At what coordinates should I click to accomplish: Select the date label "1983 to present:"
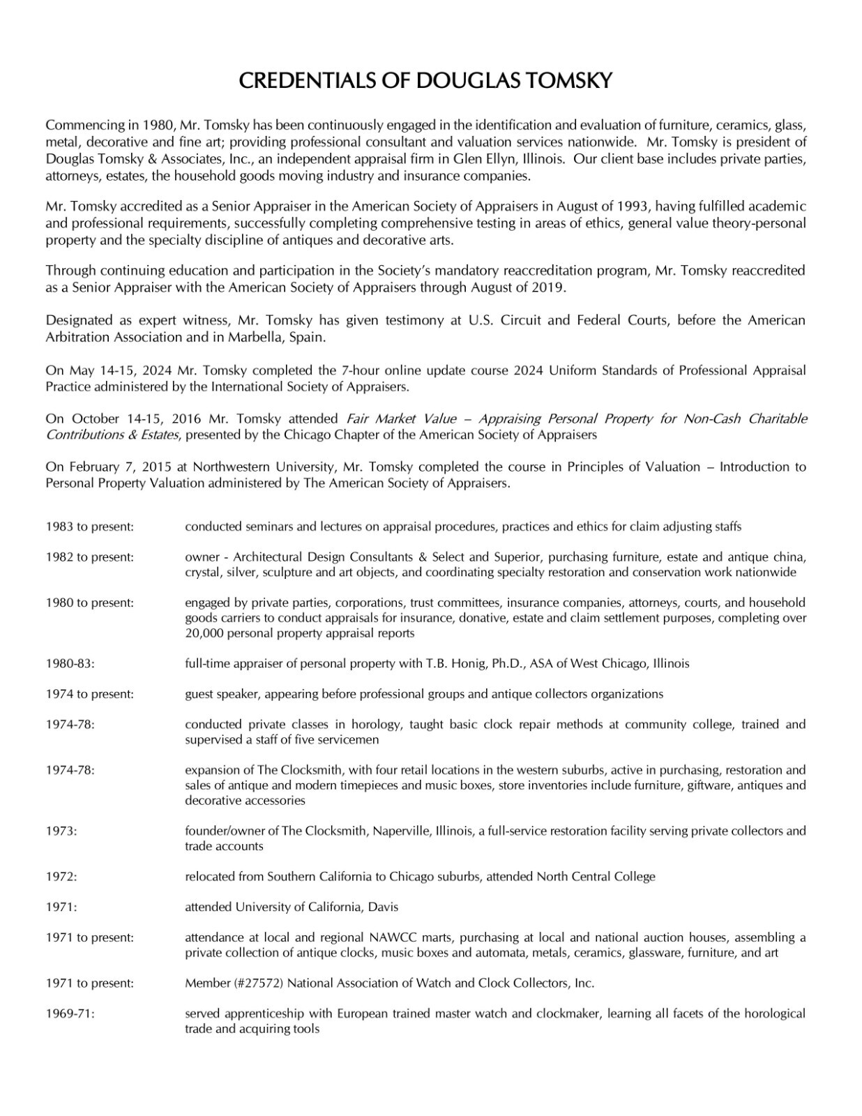[x=89, y=527]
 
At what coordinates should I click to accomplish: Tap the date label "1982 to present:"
[x=89, y=557]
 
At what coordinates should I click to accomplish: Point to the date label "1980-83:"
[x=70, y=663]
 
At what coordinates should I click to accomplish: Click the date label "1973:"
[x=61, y=831]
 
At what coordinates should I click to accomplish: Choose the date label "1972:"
[x=61, y=877]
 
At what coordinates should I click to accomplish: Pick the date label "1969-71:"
[x=70, y=1013]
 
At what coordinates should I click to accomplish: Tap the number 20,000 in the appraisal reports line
[x=204, y=633]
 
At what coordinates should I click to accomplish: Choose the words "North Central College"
[x=596, y=877]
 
